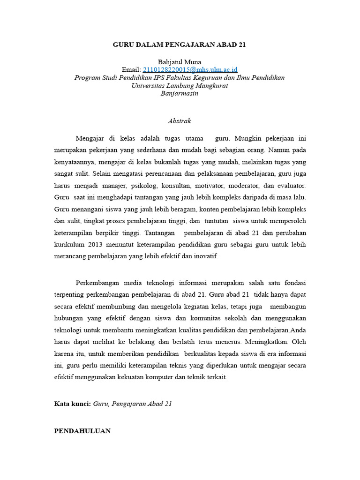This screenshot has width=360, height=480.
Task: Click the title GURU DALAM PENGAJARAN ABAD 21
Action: click(180, 45)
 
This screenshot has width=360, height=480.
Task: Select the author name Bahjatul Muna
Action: click(180, 62)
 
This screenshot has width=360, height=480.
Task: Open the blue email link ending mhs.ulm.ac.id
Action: click(190, 70)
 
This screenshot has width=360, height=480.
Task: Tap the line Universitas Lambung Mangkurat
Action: click(180, 86)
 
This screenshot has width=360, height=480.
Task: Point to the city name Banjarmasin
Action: click(180, 93)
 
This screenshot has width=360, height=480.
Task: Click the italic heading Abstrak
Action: click(180, 121)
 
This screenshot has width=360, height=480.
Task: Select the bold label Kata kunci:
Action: click(73, 403)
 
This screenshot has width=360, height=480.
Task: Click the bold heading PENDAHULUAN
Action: click(82, 431)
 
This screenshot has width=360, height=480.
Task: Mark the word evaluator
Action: click(291, 186)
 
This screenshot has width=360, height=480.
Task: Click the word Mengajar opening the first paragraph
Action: click(90, 139)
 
